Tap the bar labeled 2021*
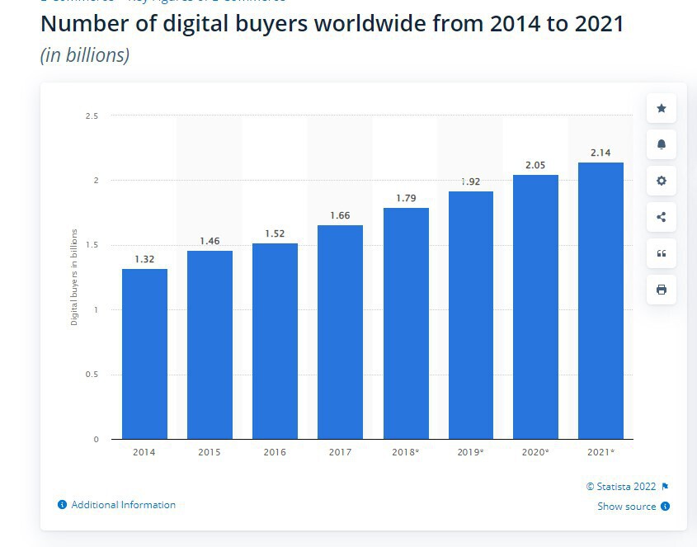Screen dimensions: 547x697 [600, 300]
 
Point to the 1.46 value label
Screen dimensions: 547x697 [210, 241]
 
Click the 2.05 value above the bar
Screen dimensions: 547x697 [535, 165]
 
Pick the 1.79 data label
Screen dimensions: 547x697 [405, 198]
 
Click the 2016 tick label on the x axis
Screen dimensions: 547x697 [275, 452]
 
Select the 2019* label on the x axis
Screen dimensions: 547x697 [470, 452]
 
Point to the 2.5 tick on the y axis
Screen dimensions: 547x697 [92, 116]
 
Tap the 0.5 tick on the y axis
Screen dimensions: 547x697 [92, 375]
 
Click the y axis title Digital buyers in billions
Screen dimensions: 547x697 [74, 277]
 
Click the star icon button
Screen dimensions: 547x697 [661, 108]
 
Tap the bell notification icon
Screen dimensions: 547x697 [661, 144]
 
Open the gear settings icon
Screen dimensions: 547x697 [661, 181]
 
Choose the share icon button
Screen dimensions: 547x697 [661, 217]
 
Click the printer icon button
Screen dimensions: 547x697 [661, 290]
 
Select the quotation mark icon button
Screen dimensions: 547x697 [661, 253]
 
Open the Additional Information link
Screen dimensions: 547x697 [123, 505]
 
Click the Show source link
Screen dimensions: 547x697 [626, 507]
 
